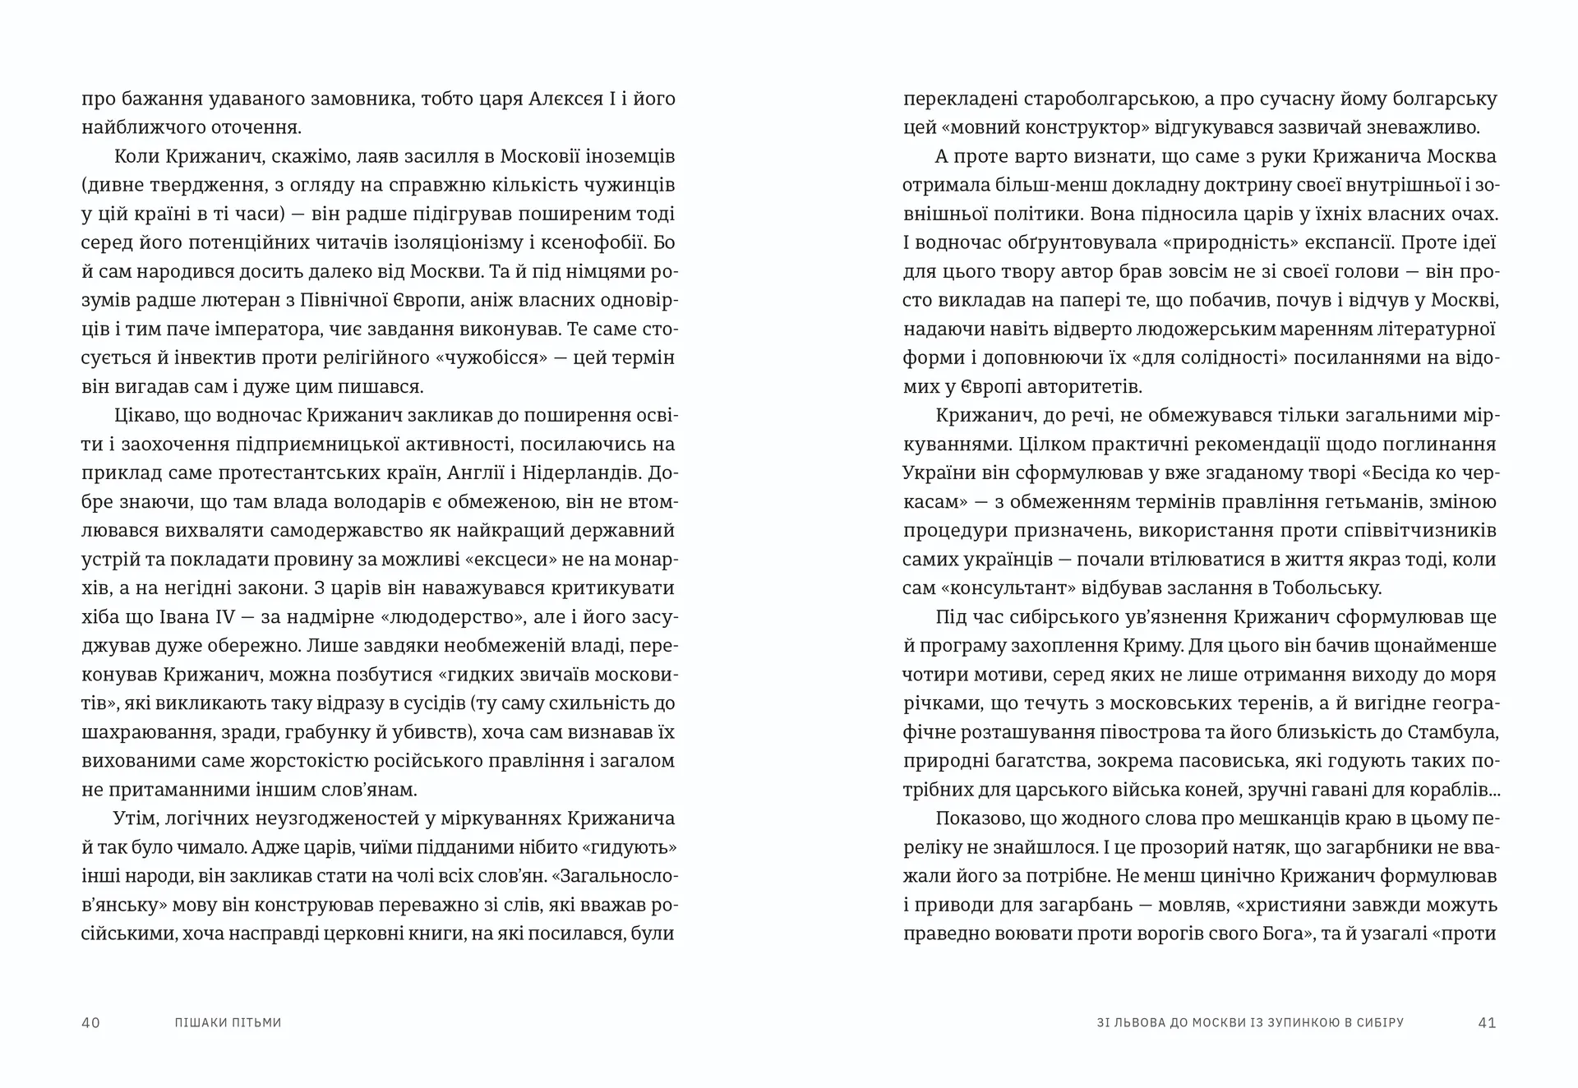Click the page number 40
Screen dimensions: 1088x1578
click(x=90, y=1023)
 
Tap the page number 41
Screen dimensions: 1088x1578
click(x=1487, y=1023)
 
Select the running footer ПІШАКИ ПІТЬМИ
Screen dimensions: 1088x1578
click(x=228, y=1023)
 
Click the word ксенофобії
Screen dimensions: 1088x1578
click(x=596, y=243)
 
